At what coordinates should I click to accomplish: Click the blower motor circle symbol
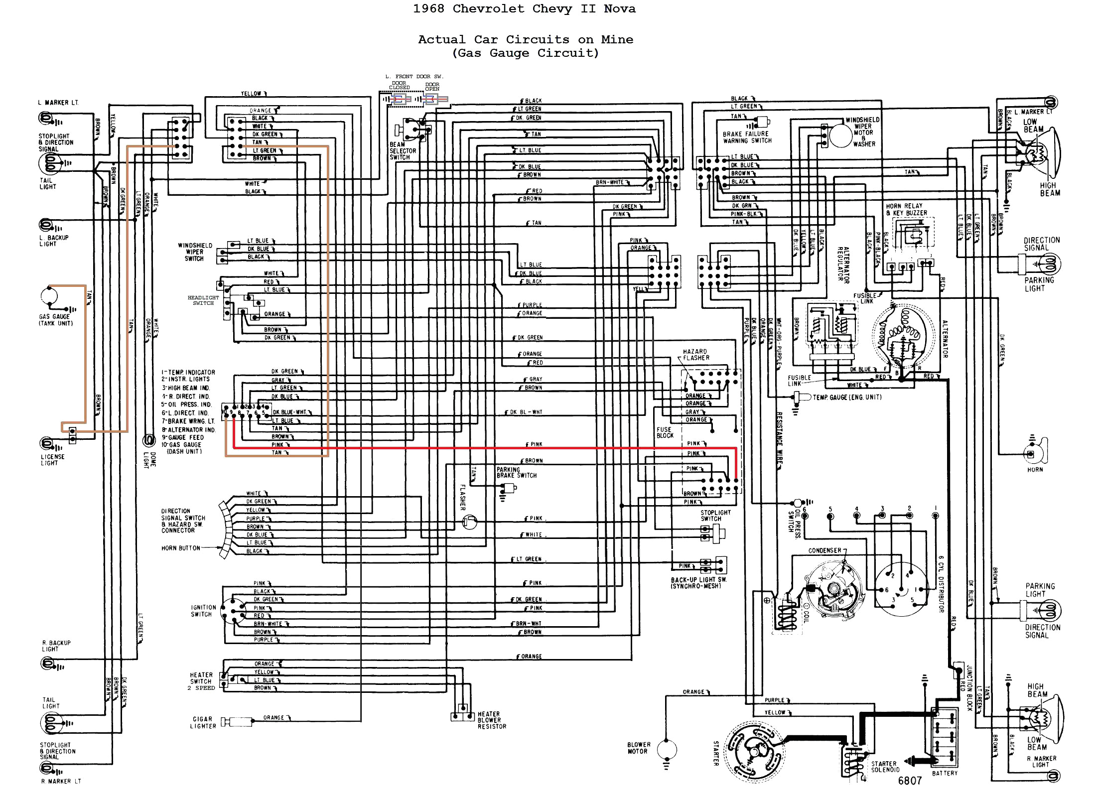(667, 749)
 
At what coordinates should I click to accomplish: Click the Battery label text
(945, 773)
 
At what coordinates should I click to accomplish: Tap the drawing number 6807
(910, 781)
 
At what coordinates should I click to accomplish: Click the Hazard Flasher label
(696, 354)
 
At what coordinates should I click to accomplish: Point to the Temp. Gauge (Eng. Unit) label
(847, 397)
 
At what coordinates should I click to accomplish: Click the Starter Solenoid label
(884, 767)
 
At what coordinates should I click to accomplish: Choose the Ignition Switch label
(203, 611)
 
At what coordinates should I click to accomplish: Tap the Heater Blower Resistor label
(491, 720)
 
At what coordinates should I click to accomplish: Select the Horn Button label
(180, 548)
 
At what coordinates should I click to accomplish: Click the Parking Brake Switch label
(516, 472)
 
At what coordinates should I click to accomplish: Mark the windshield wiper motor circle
(840, 135)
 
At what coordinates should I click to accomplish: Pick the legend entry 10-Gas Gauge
(181, 445)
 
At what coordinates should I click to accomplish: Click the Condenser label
(824, 550)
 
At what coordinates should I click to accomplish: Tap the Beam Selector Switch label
(403, 151)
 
